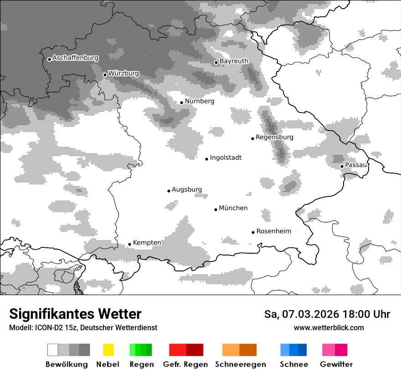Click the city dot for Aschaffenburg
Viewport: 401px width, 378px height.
49,59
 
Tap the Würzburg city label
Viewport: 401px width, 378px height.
123,73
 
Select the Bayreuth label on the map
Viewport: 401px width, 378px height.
234,61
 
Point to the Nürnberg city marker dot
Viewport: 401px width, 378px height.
181,102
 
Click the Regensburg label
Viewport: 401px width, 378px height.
274,137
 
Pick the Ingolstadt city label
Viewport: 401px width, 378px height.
226,158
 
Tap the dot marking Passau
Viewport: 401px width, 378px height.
342,166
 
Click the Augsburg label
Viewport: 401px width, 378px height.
186,189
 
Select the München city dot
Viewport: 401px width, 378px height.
216,209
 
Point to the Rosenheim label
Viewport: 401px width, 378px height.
273,231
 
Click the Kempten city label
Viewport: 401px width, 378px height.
147,243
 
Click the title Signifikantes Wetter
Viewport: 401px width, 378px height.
75,314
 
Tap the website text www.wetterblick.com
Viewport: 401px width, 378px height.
329,327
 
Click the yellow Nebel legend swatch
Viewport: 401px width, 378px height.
108,350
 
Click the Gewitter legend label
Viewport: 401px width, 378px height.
336,364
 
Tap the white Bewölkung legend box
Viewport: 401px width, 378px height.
53,350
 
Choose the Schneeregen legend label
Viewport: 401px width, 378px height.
240,364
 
